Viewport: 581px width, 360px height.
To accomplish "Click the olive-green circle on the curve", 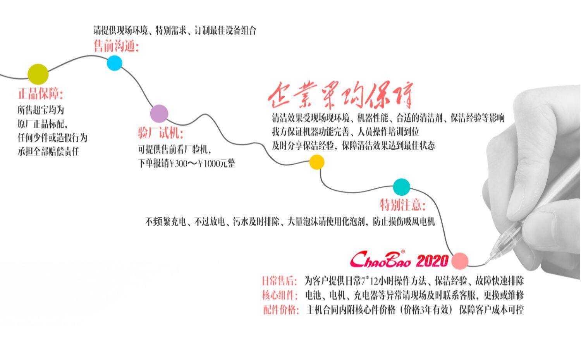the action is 38,74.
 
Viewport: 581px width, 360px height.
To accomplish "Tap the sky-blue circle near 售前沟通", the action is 114,63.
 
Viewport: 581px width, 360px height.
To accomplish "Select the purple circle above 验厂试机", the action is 159,114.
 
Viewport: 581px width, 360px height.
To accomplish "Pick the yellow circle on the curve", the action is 316,162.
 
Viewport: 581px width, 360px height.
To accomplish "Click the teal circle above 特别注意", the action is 401,187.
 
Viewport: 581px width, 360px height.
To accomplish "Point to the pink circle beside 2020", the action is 460,260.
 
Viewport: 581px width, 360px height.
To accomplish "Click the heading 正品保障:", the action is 40,94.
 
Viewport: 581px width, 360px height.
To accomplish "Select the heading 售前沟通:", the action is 116,47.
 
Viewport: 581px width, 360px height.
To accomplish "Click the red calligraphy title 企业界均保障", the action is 341,95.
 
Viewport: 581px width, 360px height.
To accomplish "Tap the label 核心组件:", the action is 280,295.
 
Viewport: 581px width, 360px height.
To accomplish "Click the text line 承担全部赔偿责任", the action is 48,152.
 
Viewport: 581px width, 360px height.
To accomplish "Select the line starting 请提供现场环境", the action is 175,30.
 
